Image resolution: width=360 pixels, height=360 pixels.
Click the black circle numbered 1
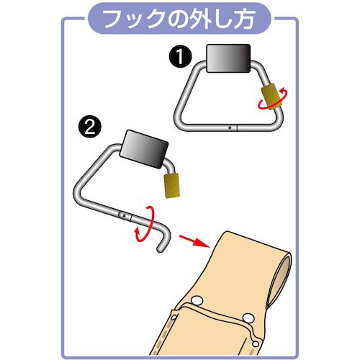click(180, 57)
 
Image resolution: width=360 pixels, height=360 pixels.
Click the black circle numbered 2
click(90, 127)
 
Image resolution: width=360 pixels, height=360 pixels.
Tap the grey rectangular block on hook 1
click(229, 58)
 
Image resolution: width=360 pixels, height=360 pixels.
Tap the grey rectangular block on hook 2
click(144, 149)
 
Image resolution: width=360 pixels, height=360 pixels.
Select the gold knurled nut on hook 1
click(272, 96)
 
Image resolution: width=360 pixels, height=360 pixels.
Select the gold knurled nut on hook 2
click(171, 186)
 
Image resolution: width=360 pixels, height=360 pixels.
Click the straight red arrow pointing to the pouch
click(194, 241)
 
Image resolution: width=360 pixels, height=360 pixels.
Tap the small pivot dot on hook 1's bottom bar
click(230, 127)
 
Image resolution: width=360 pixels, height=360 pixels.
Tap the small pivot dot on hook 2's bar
click(124, 216)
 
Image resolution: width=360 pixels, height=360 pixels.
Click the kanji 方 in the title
click(243, 19)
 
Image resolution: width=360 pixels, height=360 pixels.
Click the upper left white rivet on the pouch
click(197, 300)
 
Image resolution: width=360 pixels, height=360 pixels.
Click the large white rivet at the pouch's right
click(248, 318)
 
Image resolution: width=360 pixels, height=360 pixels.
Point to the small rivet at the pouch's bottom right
click(256, 344)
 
